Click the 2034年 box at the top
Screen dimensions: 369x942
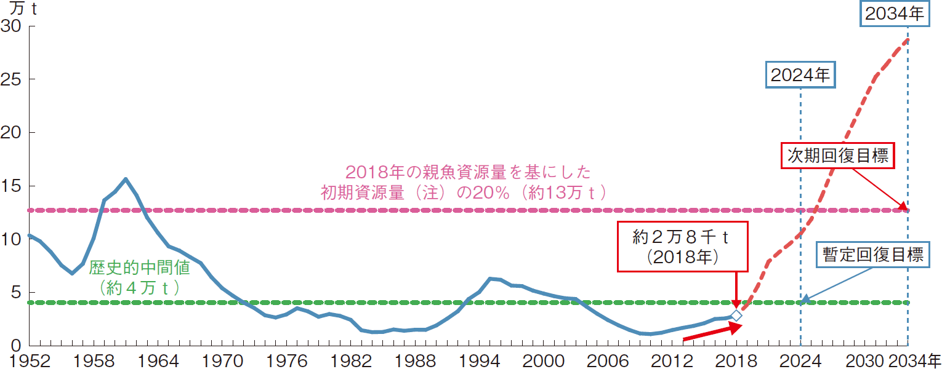click(x=895, y=14)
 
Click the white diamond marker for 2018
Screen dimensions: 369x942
click(x=736, y=316)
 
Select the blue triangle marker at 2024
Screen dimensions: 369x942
click(x=806, y=299)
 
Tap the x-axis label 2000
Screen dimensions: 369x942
click(x=541, y=360)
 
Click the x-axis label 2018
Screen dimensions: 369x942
click(x=736, y=360)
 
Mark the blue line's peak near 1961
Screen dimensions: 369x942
click(x=126, y=179)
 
